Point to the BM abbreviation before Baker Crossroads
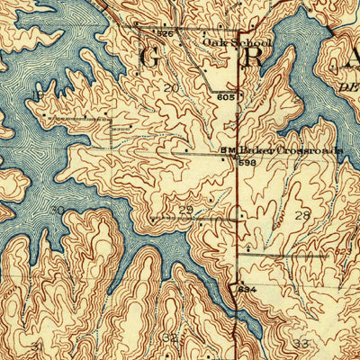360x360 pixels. (x=228, y=150)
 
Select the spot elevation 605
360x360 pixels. (x=225, y=96)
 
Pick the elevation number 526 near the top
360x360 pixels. (x=164, y=34)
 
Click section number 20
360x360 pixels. (x=171, y=87)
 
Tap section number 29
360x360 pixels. (x=186, y=210)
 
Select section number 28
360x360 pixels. (x=301, y=215)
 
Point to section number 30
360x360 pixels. (x=58, y=211)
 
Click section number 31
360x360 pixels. (x=37, y=346)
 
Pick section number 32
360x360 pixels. (x=169, y=338)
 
